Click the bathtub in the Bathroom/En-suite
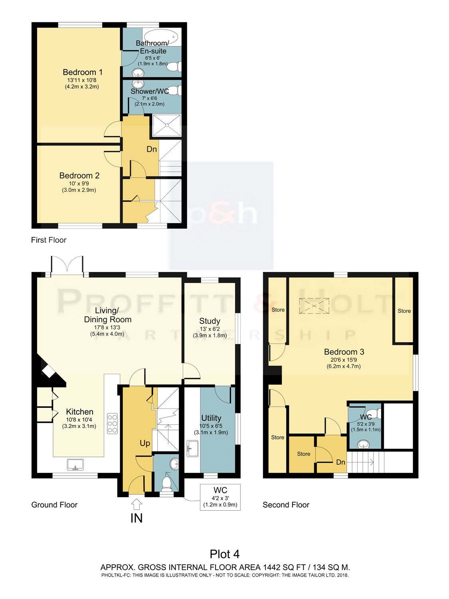tap(160, 36)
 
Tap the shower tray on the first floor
tap(166, 125)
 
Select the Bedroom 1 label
tap(83, 72)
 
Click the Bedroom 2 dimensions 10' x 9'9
tap(79, 183)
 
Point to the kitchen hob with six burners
tap(112, 424)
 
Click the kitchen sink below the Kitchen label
tap(75, 465)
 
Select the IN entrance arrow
tap(136, 504)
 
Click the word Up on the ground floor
tap(145, 443)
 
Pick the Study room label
tap(210, 321)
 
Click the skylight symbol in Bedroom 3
tap(314, 306)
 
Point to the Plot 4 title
tap(225, 554)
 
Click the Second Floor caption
tap(286, 505)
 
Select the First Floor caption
tap(49, 240)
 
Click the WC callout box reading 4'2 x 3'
tap(220, 497)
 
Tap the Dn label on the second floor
tap(341, 462)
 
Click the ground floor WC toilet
tap(166, 484)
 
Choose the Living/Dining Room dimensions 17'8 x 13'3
tap(107, 327)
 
